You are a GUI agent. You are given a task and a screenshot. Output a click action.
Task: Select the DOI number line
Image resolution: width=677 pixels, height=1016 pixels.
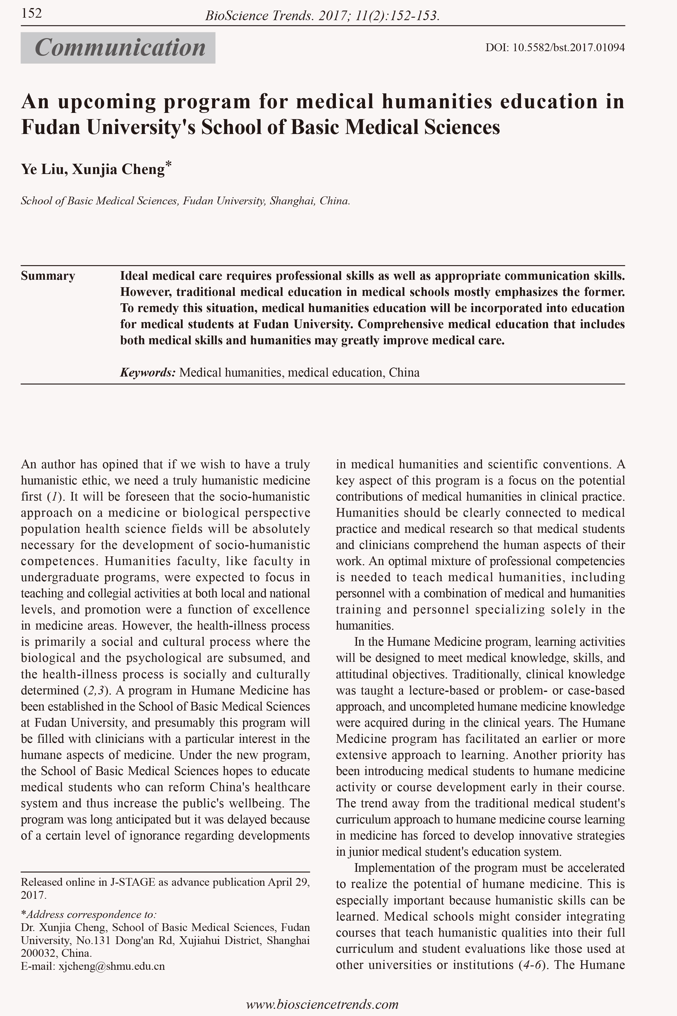(x=555, y=47)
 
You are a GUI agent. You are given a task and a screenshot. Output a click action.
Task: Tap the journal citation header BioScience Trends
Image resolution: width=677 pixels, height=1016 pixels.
(x=322, y=16)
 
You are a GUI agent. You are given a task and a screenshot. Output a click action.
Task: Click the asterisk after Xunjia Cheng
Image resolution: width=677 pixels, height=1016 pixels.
(x=168, y=164)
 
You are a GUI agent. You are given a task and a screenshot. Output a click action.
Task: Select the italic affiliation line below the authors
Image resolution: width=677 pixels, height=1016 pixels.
(x=185, y=201)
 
